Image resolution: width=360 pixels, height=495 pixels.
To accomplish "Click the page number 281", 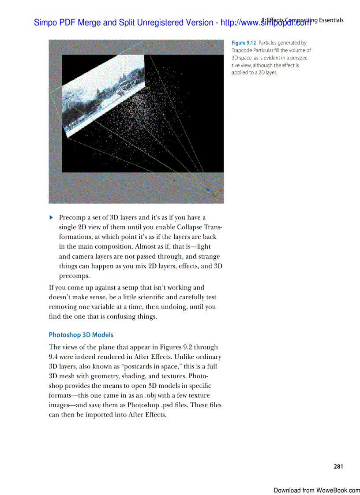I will click(338, 466).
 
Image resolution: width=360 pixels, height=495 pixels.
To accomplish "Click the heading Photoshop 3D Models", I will click(81, 335).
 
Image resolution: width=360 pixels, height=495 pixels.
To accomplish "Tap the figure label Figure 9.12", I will click(244, 43).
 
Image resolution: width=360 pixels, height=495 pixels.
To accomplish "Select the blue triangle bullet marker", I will click(51, 217).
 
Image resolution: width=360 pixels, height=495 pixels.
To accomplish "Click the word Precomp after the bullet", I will click(72, 217).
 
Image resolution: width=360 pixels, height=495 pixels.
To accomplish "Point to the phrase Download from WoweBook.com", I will click(316, 490).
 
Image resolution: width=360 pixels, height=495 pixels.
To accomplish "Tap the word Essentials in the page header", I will click(330, 20).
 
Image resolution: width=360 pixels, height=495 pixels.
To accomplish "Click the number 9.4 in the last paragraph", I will click(55, 357).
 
